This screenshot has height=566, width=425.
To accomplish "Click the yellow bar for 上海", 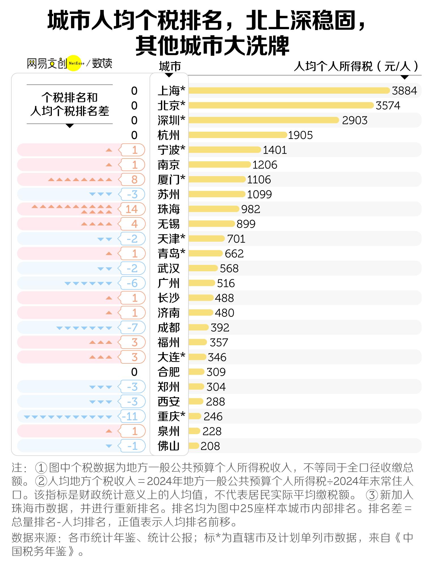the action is [289, 91].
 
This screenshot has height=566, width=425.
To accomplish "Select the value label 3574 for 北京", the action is [388, 106].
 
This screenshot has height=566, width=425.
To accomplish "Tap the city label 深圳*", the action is [171, 120].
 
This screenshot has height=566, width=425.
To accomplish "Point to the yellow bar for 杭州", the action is [238, 135].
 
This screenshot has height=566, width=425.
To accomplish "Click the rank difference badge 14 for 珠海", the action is [131, 209].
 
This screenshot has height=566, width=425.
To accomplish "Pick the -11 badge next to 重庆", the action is [131, 417].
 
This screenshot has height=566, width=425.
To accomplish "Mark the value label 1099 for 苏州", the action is [259, 194].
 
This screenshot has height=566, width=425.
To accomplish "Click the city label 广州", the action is [169, 283].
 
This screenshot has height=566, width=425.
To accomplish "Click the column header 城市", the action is [170, 67].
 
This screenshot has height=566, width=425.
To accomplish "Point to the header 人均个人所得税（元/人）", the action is [356, 67].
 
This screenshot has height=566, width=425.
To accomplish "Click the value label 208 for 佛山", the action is [210, 446].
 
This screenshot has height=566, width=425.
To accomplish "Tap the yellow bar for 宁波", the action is [225, 150].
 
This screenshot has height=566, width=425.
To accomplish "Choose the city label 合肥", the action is [169, 372].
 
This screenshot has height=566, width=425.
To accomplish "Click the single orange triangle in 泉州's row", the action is [109, 431].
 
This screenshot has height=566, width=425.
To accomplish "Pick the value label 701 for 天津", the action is [236, 239].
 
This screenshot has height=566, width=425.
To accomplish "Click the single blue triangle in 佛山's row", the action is [109, 446].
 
